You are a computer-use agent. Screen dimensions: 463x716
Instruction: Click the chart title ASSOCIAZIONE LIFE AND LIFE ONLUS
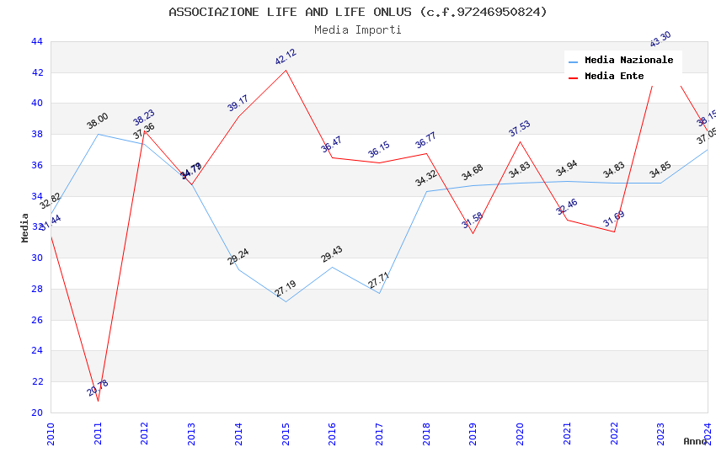[358, 12]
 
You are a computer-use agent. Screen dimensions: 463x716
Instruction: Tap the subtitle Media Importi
[358, 29]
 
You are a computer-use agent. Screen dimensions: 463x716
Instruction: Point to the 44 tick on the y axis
[36, 41]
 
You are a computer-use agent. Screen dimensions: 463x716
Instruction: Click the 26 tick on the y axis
[36, 320]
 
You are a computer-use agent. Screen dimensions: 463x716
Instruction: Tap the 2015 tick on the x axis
[286, 429]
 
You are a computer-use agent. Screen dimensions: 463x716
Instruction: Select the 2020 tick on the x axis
[521, 429]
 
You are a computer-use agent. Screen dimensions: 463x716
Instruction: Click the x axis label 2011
[99, 429]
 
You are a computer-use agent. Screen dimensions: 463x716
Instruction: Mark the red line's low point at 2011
[98, 401]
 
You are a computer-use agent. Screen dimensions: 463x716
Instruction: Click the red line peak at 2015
[286, 70]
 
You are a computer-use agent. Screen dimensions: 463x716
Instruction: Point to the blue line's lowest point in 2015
[286, 301]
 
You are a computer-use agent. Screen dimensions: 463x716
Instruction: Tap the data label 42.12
[286, 57]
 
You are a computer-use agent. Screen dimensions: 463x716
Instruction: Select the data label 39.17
[238, 104]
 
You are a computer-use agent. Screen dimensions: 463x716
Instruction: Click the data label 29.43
[332, 254]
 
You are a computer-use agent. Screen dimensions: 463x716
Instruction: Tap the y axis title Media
[25, 227]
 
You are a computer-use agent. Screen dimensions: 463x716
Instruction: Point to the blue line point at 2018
[427, 191]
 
